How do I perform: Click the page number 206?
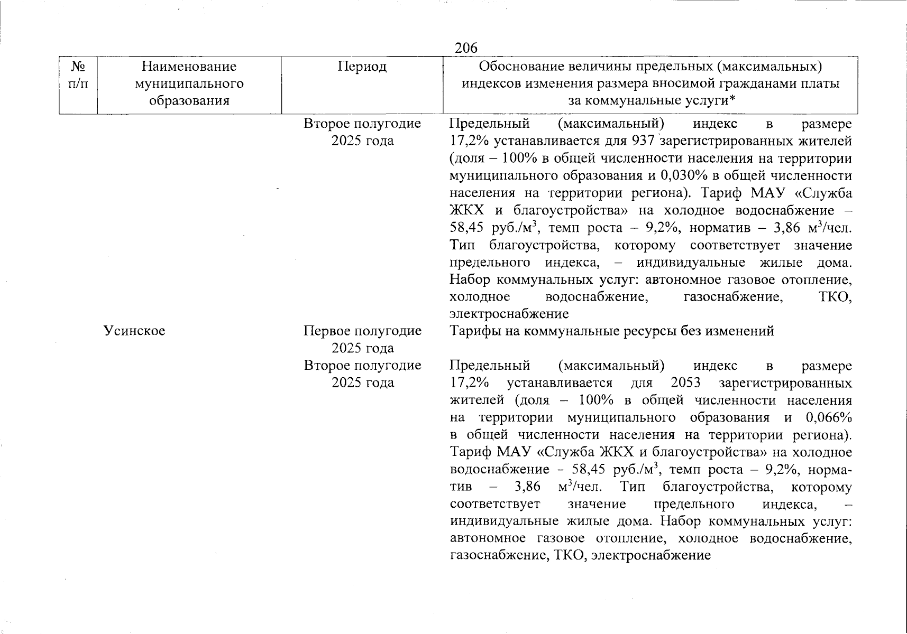click(466, 48)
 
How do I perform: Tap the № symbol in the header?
click(78, 67)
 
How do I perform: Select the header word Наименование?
click(189, 67)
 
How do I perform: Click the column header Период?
click(362, 67)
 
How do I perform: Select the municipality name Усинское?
click(134, 331)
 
